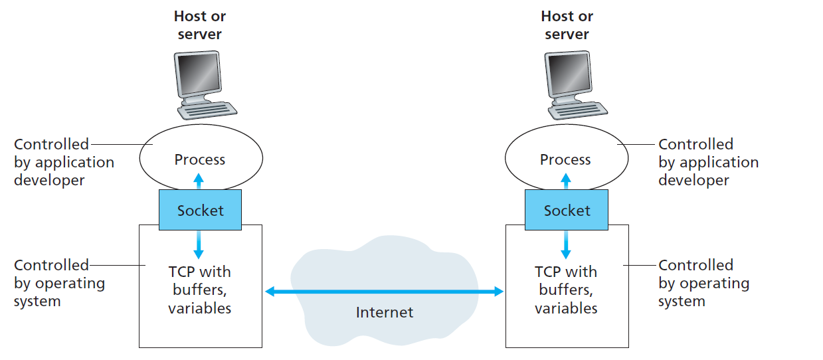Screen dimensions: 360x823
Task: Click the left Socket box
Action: (x=200, y=210)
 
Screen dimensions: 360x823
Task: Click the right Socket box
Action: (x=567, y=210)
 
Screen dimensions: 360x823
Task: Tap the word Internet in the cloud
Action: (x=385, y=312)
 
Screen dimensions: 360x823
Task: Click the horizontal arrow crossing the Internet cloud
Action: (x=385, y=291)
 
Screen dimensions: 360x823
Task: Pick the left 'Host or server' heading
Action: (x=199, y=25)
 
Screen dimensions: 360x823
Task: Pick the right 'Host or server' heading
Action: (x=567, y=25)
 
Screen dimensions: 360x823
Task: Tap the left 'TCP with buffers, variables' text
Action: (x=199, y=290)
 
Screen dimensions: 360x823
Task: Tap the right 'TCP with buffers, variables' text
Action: (x=566, y=290)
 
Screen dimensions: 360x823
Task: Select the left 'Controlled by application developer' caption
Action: (x=64, y=162)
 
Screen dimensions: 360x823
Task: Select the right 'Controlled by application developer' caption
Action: (x=708, y=162)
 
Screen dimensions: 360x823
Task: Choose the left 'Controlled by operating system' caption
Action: (x=59, y=283)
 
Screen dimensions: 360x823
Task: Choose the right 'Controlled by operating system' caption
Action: (x=703, y=283)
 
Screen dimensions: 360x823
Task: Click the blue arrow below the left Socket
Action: (x=199, y=244)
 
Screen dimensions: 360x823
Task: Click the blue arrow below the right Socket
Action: (x=566, y=244)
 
